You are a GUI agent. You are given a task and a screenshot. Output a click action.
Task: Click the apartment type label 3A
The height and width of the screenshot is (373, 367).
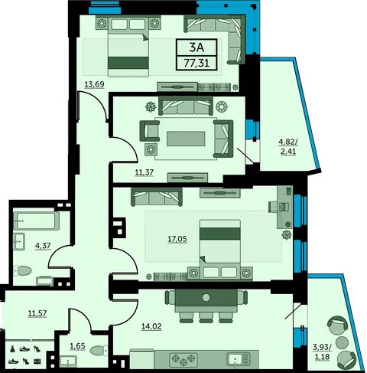click(196, 47)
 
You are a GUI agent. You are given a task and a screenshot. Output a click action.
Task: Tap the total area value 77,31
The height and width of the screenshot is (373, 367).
click(196, 63)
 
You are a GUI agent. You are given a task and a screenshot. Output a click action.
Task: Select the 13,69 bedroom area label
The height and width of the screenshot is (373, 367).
click(94, 84)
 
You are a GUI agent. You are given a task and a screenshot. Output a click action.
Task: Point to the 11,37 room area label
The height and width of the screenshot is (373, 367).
click(145, 172)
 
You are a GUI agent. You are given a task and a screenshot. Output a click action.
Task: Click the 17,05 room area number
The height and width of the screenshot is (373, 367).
click(177, 239)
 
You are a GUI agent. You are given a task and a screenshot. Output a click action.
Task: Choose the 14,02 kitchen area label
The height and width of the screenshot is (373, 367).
click(151, 326)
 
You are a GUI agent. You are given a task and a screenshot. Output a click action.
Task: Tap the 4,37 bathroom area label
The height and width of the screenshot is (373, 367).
click(43, 246)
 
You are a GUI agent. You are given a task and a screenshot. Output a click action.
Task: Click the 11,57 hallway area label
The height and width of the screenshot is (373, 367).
click(37, 313)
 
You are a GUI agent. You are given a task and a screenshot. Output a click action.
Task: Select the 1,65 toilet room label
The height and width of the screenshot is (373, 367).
click(77, 346)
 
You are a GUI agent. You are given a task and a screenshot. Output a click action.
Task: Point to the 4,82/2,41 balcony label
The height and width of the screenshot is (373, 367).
click(288, 146)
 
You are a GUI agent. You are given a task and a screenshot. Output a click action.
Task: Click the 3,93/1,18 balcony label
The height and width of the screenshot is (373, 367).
click(323, 352)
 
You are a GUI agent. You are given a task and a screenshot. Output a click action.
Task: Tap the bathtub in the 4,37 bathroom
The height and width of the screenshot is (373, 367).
click(37, 221)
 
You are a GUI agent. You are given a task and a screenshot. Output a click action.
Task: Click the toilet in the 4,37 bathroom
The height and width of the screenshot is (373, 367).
click(23, 270)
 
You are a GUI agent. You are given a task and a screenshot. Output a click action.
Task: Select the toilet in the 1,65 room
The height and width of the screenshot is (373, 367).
click(99, 351)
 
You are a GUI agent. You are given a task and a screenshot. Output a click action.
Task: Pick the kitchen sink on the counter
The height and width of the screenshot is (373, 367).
click(239, 358)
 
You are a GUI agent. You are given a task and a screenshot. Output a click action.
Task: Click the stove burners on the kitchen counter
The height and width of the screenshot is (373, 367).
click(183, 358)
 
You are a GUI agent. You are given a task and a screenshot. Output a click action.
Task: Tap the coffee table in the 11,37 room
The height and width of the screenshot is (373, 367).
click(186, 139)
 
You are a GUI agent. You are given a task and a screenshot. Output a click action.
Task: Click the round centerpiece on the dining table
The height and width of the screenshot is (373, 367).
click(206, 297)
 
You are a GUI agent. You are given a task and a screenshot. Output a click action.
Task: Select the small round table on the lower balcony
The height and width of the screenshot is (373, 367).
click(342, 342)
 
